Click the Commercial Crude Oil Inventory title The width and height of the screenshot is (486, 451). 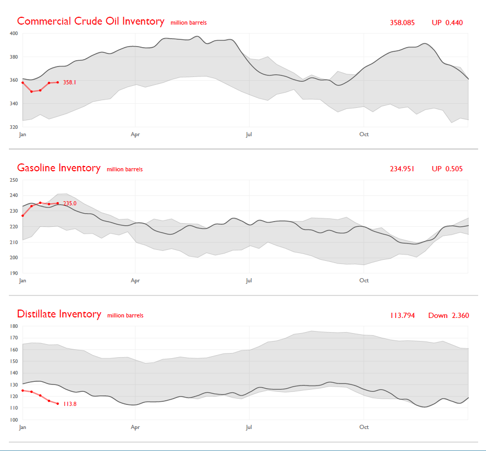[91, 21]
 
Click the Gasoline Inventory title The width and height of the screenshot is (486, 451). [59, 168]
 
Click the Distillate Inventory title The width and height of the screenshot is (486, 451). [59, 314]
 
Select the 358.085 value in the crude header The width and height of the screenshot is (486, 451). [402, 23]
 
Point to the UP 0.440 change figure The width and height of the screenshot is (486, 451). [447, 23]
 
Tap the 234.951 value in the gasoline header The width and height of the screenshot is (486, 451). [402, 169]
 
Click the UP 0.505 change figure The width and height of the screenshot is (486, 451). [447, 169]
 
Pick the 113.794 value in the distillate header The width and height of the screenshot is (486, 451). [402, 315]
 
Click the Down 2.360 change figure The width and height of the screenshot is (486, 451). [448, 315]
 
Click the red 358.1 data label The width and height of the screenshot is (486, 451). [70, 82]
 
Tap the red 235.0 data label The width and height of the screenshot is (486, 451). [70, 203]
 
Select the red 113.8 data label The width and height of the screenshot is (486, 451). [70, 404]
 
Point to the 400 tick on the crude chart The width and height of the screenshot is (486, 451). [14, 34]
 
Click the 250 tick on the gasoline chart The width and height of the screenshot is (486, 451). [14, 180]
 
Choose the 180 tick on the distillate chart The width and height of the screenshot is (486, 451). [14, 326]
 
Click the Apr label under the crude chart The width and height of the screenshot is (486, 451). [135, 135]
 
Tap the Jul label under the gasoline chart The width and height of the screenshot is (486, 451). [249, 281]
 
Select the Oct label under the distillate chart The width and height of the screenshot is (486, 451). [364, 427]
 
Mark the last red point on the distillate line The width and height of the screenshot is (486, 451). [58, 403]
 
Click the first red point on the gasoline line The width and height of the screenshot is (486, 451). [22, 215]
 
